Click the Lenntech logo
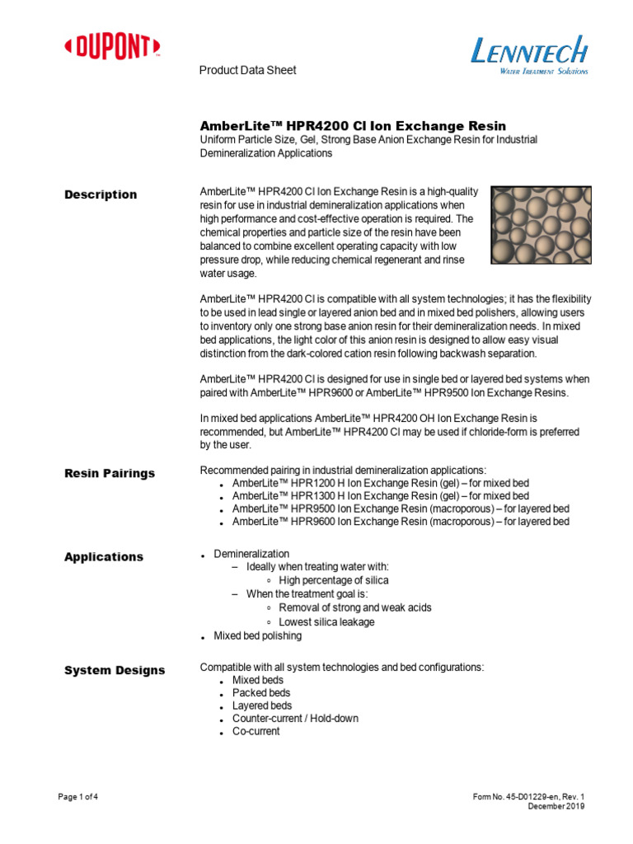tap(529, 57)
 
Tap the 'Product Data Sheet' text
tap(247, 70)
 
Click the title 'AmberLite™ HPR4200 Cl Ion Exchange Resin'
tap(353, 125)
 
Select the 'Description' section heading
tap(101, 195)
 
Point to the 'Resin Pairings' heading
tap(110, 473)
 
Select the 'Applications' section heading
tap(104, 556)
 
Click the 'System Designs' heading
tap(115, 670)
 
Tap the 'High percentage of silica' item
tap(334, 580)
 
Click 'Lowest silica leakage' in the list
tap(326, 621)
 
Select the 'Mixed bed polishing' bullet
tap(257, 635)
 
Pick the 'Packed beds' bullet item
tap(261, 693)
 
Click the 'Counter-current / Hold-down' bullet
tap(295, 719)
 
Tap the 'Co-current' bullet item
tap(256, 731)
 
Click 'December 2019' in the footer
tap(556, 807)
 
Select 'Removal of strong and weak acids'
tap(355, 607)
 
